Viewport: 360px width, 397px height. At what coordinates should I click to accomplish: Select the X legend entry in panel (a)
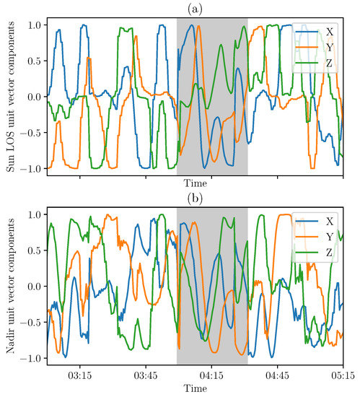click(329, 32)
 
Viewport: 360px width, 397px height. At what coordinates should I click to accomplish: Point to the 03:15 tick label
click(79, 375)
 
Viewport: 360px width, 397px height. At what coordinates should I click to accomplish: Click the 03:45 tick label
click(146, 375)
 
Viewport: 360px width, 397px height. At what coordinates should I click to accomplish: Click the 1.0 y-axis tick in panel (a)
click(34, 25)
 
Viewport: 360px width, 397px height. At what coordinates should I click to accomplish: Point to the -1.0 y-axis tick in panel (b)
click(31, 358)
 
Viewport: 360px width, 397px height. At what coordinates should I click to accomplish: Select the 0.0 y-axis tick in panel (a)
click(34, 97)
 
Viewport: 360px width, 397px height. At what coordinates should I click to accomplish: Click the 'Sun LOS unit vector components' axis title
click(9, 97)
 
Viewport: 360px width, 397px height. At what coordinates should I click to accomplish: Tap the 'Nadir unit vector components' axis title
click(9, 286)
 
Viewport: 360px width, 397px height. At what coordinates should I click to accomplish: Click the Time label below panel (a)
click(195, 184)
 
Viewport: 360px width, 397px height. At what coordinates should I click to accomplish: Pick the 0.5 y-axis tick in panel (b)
click(34, 250)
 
